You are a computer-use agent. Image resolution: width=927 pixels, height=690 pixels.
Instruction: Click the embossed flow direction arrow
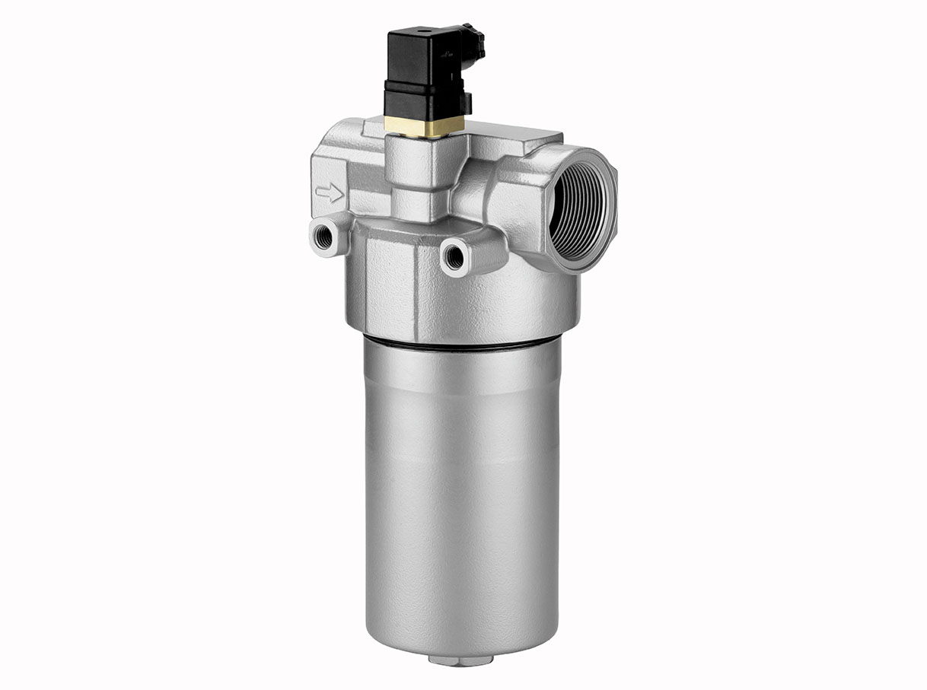(330, 193)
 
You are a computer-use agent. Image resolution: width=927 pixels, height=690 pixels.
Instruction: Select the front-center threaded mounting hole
(454, 258)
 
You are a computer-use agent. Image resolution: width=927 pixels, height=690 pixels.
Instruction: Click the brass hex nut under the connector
(424, 126)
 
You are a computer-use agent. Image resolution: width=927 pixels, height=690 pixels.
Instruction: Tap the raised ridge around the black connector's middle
(422, 86)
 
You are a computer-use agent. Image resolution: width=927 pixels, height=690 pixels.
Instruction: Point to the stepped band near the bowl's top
(460, 380)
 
